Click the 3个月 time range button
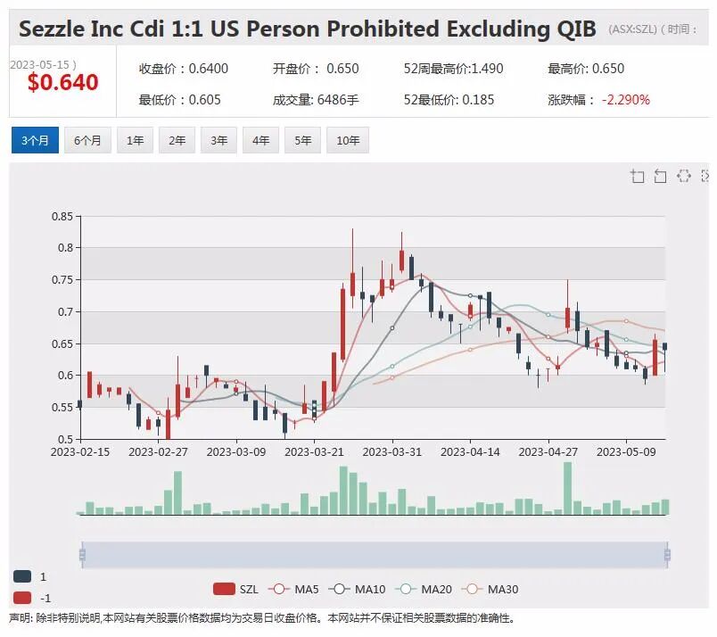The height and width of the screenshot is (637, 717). [x=35, y=140]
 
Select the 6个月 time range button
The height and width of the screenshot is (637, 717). [x=87, y=140]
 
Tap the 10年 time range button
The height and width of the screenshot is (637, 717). [x=348, y=140]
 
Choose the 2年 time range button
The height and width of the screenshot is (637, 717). [x=177, y=140]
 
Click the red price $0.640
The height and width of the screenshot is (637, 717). [x=63, y=82]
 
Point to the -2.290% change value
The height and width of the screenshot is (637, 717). [x=625, y=100]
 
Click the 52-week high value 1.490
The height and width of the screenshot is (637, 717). [x=487, y=69]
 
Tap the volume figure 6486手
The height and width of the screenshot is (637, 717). [x=338, y=100]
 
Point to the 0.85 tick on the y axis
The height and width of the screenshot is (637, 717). [x=62, y=216]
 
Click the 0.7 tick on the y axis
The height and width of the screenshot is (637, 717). [x=65, y=311]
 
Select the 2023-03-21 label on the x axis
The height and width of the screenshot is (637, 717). [x=314, y=452]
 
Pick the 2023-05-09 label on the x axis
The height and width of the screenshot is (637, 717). [x=626, y=452]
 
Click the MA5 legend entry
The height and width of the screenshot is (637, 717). [x=293, y=589]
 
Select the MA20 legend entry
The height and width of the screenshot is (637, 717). [x=424, y=589]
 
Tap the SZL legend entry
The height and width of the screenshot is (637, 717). [x=236, y=589]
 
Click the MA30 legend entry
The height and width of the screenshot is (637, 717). [x=490, y=589]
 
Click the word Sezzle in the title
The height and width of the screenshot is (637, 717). [x=52, y=29]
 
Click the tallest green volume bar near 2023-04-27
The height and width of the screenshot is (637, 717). [x=567, y=488]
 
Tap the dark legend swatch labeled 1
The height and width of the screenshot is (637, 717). [x=22, y=576]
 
